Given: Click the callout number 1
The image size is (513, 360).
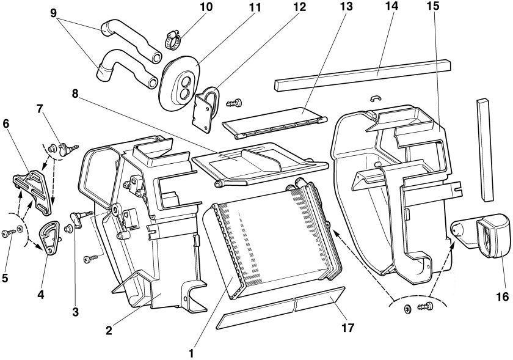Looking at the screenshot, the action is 191,353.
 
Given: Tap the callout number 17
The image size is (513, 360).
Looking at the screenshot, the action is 347,327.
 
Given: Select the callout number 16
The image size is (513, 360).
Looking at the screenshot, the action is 502,296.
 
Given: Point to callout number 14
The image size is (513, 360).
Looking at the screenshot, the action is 391,6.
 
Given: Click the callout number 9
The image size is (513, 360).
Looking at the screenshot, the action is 53,13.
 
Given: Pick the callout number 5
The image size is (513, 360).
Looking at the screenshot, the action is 5,277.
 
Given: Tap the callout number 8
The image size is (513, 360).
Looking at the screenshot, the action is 75,94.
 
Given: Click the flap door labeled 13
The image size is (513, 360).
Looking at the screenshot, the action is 274,123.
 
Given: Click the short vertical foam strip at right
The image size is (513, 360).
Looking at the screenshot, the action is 484,149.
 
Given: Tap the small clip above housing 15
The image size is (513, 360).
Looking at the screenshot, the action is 376,98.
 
